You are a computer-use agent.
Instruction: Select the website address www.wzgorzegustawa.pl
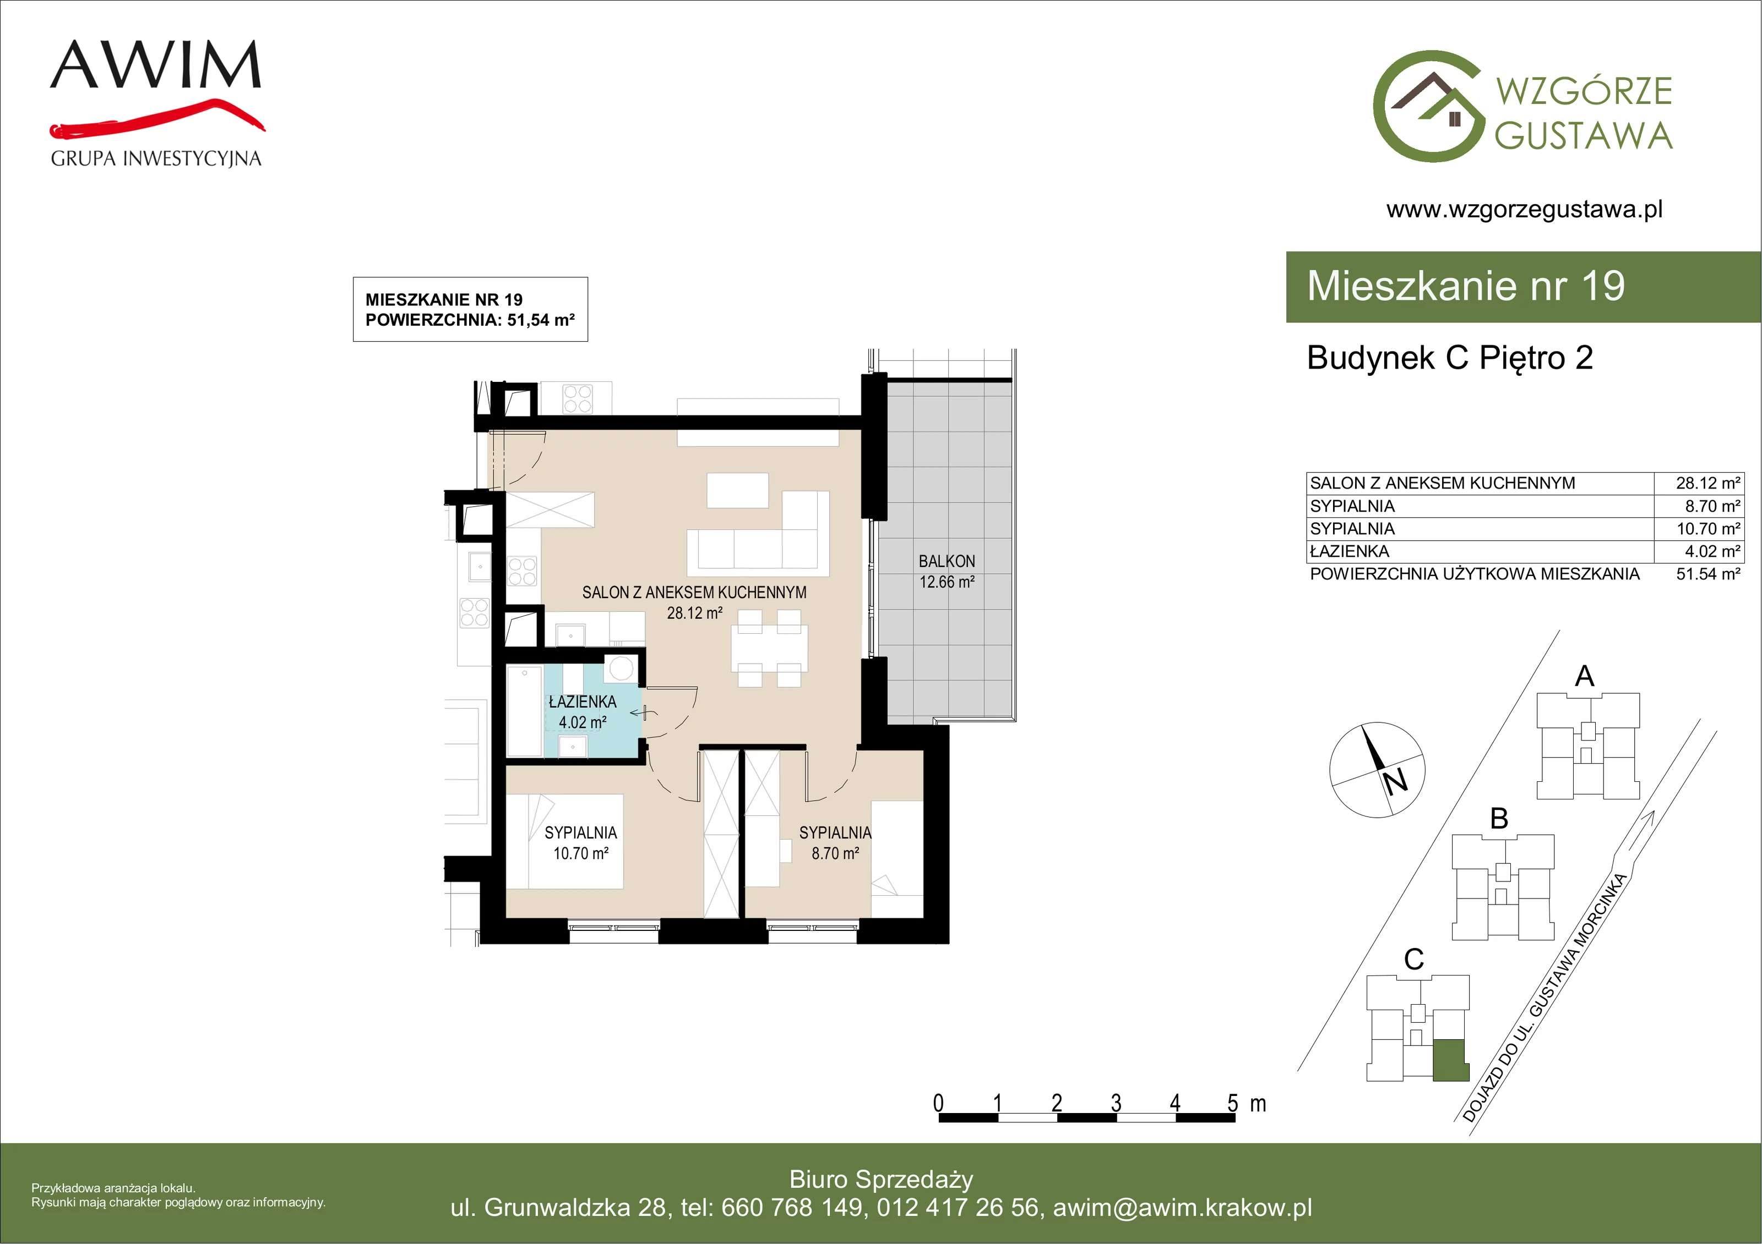1524,210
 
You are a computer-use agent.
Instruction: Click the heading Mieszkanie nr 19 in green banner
1466,286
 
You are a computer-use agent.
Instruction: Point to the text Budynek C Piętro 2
1450,358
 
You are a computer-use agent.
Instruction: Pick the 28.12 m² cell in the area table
1707,483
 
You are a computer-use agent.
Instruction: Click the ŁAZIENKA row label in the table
1350,551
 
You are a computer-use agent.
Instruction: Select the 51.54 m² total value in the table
1707,574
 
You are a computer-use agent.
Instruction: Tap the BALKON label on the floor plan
947,561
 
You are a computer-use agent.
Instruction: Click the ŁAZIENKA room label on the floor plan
583,702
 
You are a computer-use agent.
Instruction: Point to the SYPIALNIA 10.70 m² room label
581,843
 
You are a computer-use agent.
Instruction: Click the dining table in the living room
770,649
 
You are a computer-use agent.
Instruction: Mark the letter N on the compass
1395,781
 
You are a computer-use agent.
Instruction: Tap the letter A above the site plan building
1584,676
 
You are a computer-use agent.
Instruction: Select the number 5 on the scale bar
1232,1104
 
